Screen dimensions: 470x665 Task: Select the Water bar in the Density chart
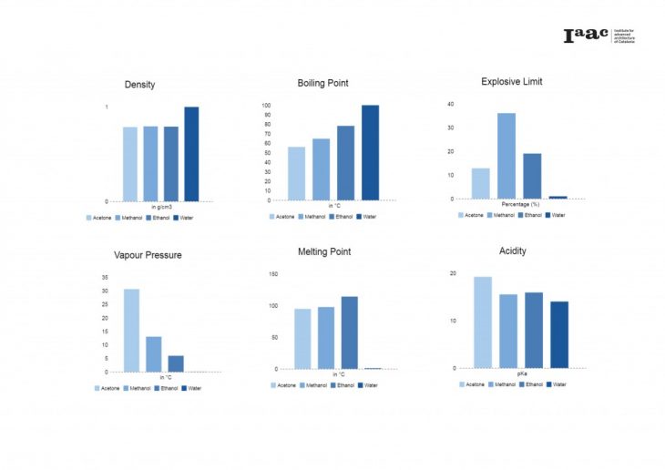click(x=191, y=154)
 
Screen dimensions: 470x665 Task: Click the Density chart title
click(x=139, y=85)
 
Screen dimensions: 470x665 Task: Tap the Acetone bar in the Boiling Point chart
click(x=296, y=173)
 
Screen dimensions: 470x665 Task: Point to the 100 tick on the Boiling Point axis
click(x=267, y=105)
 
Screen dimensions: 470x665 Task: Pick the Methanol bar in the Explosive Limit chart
click(x=506, y=156)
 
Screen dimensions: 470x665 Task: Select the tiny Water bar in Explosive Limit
click(x=558, y=197)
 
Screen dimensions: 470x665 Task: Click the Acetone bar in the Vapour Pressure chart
click(x=131, y=330)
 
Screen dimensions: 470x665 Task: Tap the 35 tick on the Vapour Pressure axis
click(x=105, y=277)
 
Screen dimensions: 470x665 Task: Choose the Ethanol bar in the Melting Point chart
click(x=349, y=332)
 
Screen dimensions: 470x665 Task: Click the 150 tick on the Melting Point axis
click(x=272, y=273)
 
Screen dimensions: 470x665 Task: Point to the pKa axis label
click(x=522, y=374)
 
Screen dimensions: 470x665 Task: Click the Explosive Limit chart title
click(x=511, y=81)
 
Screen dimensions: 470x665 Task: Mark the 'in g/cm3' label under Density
click(x=161, y=207)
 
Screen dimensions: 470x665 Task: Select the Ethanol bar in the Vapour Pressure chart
click(x=176, y=363)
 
